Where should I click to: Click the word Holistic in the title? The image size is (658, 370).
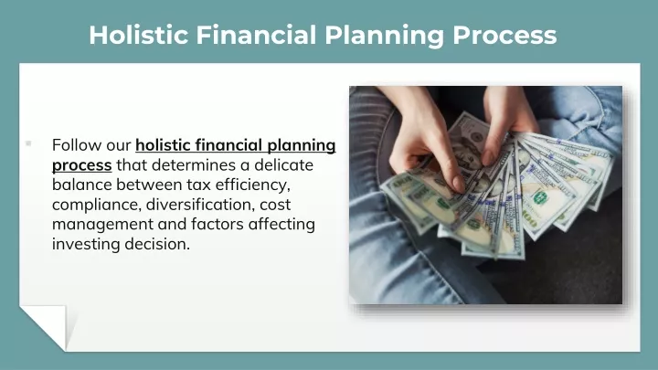coord(139,35)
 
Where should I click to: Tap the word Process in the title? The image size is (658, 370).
coord(504,35)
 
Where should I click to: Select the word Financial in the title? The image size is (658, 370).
coord(256,35)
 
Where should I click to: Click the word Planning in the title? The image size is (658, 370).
coord(384,36)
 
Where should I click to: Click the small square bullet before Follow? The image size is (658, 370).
coord(28,143)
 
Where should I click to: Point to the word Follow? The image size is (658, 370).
coord(77,145)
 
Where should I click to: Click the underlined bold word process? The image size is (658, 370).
coord(82,165)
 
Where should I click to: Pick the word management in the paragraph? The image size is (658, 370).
coord(102,225)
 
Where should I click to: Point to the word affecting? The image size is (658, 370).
coord(281,225)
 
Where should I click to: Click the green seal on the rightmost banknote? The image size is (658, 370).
coord(540,196)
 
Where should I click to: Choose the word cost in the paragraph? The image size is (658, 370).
coord(275,206)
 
